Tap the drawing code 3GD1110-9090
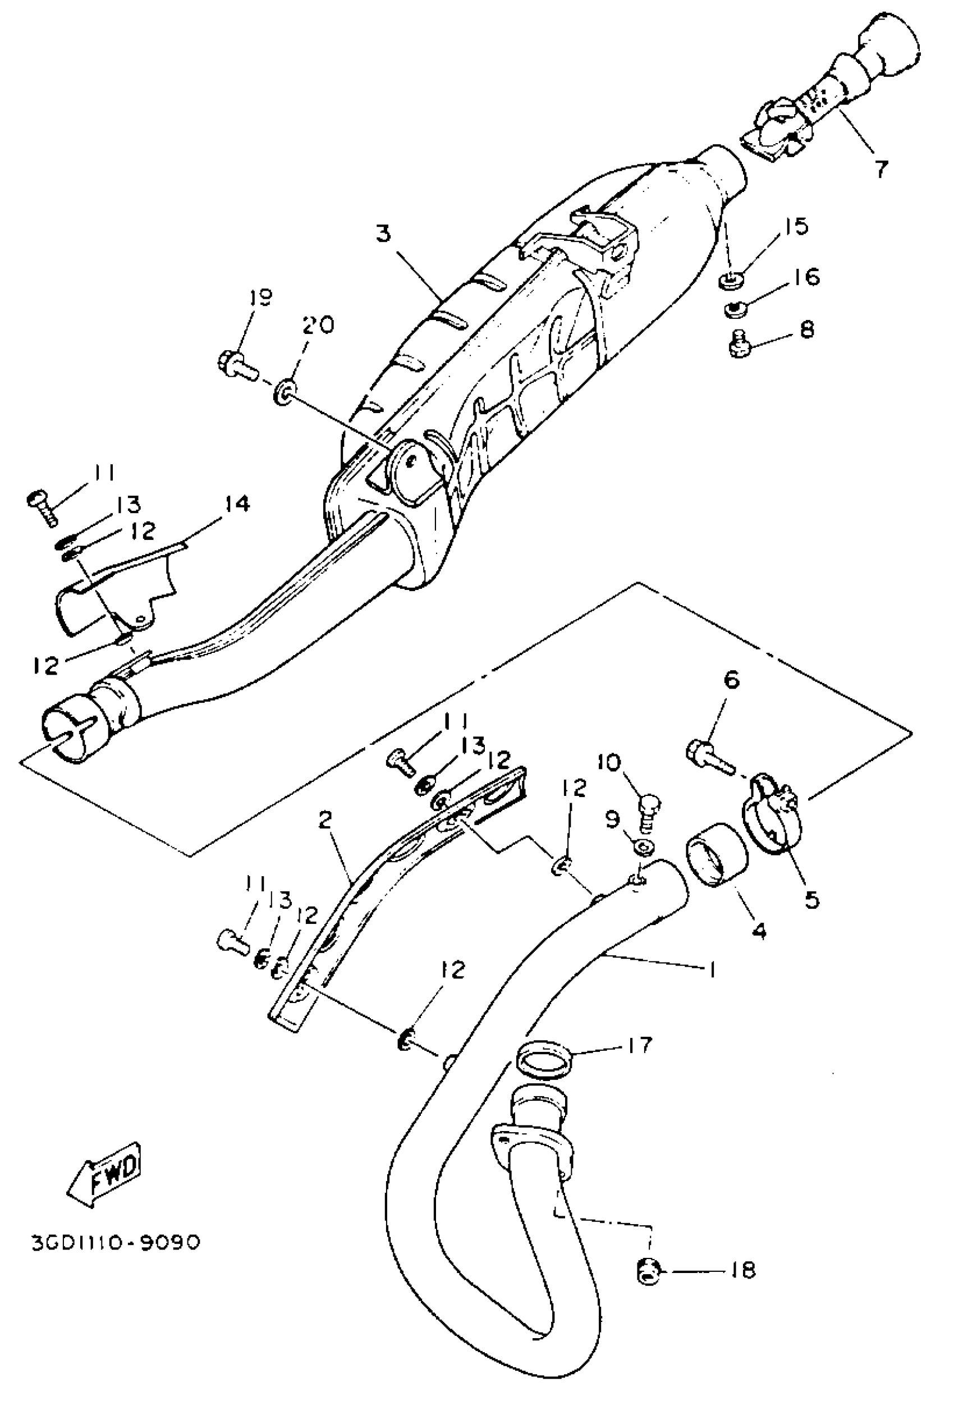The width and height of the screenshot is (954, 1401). tap(115, 1243)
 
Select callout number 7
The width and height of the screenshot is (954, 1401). tap(880, 170)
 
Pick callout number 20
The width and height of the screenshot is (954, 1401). tap(318, 326)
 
